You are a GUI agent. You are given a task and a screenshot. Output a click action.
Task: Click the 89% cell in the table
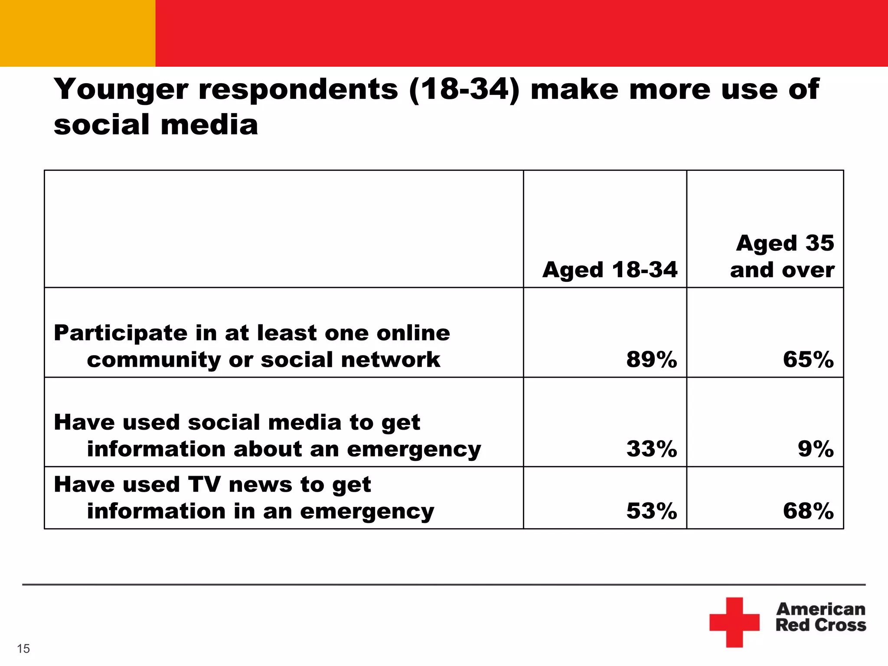[651, 359]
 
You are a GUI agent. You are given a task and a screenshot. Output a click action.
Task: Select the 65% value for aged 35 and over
[808, 359]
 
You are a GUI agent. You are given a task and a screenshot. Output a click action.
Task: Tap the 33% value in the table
[651, 449]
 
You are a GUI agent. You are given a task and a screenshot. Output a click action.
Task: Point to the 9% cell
[816, 449]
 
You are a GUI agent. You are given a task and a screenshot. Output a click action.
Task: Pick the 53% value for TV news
[651, 511]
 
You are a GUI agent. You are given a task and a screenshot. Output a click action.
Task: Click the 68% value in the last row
[808, 511]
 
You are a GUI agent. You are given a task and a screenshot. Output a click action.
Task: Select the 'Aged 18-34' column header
[610, 270]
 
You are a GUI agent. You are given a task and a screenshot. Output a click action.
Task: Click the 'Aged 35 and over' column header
[783, 256]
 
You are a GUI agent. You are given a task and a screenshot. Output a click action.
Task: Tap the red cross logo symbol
[734, 622]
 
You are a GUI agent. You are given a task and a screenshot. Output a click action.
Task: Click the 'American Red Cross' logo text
[820, 617]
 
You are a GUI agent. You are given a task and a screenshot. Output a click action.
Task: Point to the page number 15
[23, 649]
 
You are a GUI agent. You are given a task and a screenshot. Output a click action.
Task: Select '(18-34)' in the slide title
[464, 90]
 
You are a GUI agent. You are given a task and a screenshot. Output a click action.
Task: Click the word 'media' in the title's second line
[209, 125]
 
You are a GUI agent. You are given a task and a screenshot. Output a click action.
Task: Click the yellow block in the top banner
[77, 33]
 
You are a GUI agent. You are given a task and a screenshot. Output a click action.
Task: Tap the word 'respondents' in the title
[298, 90]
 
